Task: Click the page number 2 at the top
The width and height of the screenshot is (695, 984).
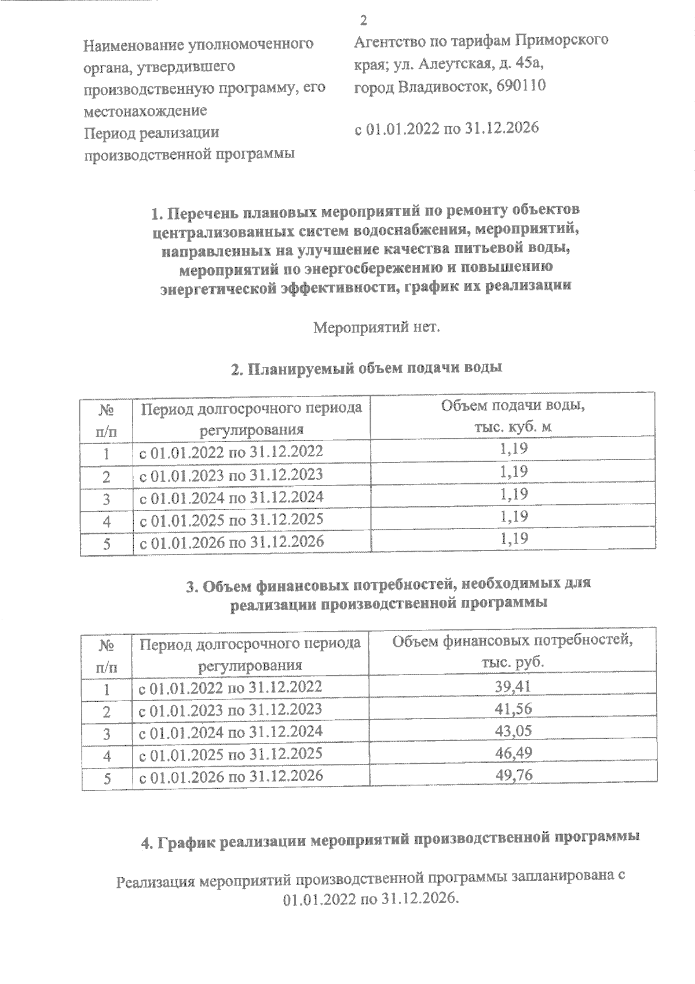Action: [x=364, y=21]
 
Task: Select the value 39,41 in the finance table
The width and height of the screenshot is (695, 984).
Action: [x=513, y=687]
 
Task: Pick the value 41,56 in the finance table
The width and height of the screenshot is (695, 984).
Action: [x=513, y=709]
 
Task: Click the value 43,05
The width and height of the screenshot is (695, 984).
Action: [x=513, y=731]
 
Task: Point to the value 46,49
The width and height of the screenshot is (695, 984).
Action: [x=513, y=753]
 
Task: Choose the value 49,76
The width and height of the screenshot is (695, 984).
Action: [x=513, y=775]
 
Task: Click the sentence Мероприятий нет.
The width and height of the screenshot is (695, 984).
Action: [x=377, y=329]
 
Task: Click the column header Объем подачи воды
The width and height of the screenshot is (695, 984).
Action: [x=513, y=406]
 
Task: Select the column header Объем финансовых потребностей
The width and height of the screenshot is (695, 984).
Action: [x=513, y=641]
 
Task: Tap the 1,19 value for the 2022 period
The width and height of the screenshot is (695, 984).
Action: [x=513, y=449]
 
